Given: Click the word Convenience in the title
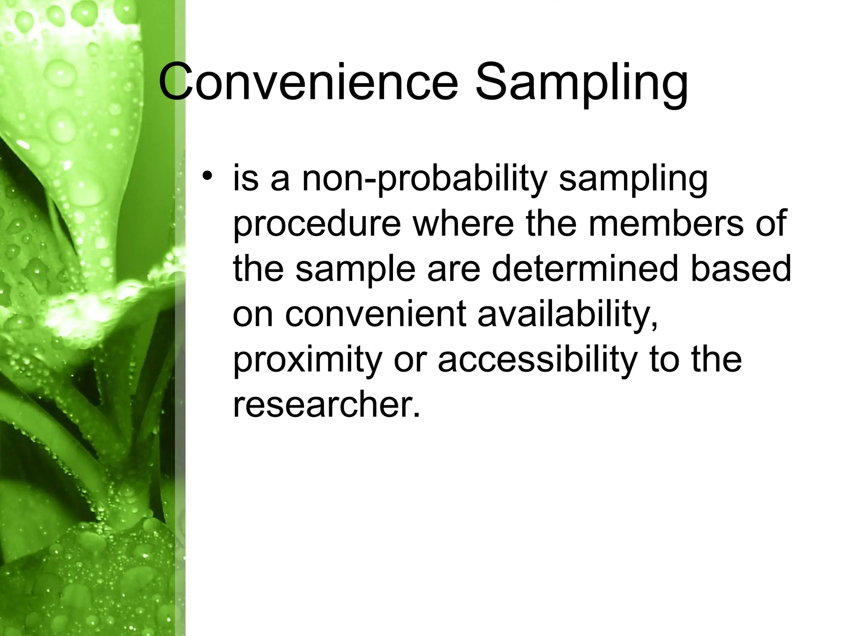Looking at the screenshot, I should pyautogui.click(x=308, y=83).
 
